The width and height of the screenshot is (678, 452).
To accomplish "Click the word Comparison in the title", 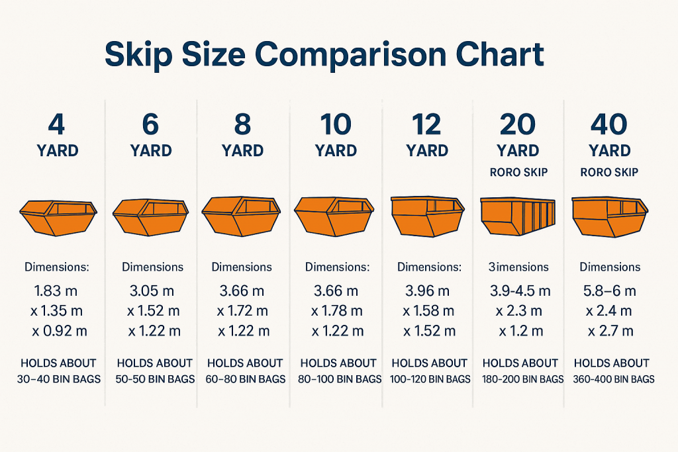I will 352,56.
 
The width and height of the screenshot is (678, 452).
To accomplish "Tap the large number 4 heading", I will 57,123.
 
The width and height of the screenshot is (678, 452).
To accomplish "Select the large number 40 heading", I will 609,123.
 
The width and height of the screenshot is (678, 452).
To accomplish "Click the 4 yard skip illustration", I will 58,217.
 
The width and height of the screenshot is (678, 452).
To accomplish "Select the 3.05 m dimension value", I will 152,291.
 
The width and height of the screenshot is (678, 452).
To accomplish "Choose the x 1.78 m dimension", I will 336,310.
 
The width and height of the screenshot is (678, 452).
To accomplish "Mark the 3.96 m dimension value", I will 427,291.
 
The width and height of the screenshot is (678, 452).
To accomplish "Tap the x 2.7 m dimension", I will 609,330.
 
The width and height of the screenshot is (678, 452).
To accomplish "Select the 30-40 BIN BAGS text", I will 58,379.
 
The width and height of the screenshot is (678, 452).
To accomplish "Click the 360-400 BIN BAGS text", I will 611,379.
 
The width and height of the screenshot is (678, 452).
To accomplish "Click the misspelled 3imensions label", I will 518,267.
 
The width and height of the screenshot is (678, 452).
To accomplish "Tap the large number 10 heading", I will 336,123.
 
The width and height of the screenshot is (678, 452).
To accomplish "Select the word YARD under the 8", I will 242,150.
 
